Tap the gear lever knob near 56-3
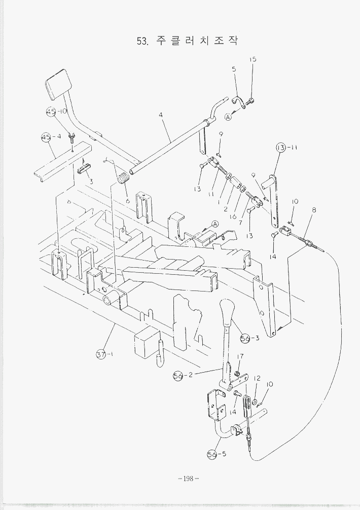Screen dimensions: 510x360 coord(227,310)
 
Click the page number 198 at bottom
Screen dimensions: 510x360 coord(188,479)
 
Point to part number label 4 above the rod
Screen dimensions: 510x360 coord(161,115)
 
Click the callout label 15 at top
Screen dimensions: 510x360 coord(253,59)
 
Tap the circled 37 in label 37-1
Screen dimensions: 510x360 coord(101,355)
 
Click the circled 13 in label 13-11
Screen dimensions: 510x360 coord(281,148)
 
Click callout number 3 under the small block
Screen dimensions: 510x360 coord(91,181)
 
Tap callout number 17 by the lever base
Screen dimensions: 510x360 coord(240,356)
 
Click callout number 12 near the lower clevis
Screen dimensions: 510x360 coord(257,378)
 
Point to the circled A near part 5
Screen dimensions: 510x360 coord(228,117)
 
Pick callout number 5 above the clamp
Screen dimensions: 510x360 coord(234,69)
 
